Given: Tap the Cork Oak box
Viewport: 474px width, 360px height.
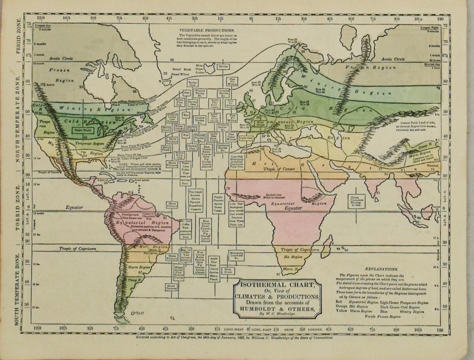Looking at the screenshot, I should (x=246, y=138).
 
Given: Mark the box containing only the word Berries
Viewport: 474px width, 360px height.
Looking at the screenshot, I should (x=223, y=67).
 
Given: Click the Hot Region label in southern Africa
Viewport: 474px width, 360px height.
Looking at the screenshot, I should (x=293, y=257).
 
